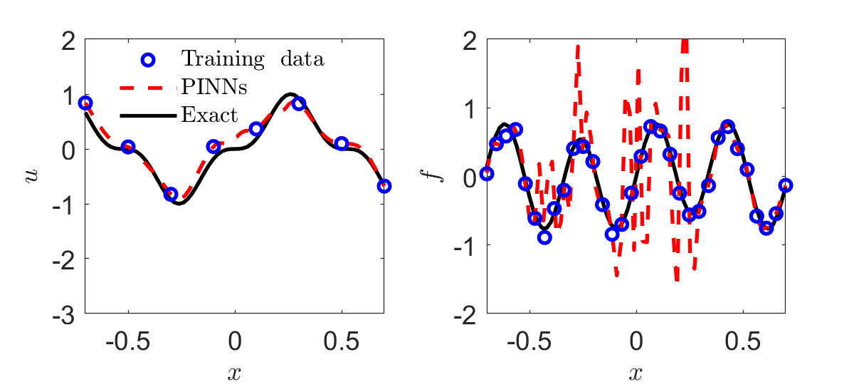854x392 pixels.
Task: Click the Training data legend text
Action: tap(253, 58)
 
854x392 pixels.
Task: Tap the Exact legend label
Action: tap(210, 114)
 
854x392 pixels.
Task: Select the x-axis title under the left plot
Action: tap(235, 373)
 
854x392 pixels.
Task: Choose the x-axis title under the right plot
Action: tap(636, 373)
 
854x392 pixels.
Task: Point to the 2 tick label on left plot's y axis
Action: tap(69, 41)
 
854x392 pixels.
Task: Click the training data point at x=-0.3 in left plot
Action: tap(171, 194)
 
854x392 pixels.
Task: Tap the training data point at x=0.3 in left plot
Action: tap(299, 103)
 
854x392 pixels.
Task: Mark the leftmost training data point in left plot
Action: tap(85, 103)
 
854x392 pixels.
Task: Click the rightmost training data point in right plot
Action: tap(786, 185)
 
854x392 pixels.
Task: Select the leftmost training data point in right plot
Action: tap(487, 173)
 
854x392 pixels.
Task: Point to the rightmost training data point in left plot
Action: tap(384, 186)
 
